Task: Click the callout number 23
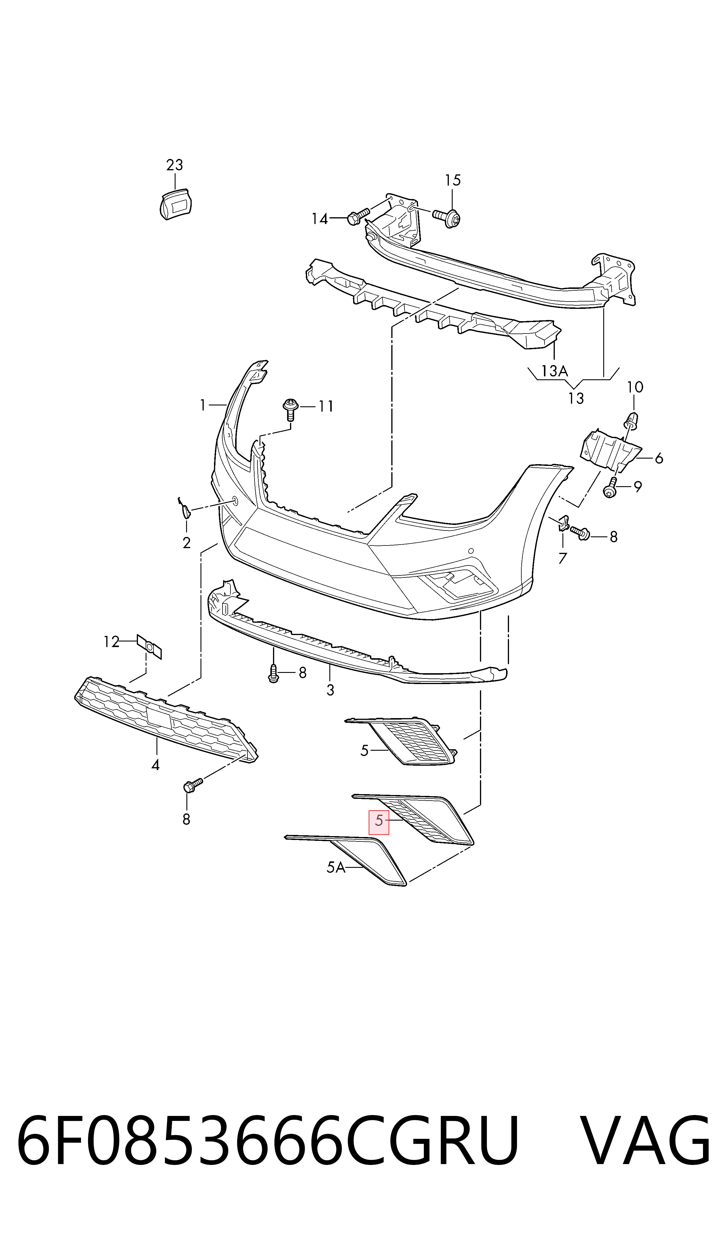(x=175, y=165)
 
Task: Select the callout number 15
(x=453, y=181)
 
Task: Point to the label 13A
(x=554, y=371)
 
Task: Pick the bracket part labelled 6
(x=611, y=449)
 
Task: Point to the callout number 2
(x=186, y=543)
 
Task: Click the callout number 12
(x=111, y=641)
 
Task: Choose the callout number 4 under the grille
(x=156, y=765)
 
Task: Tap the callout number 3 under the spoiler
(x=330, y=690)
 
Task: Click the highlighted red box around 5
(x=379, y=823)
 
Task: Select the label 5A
(x=336, y=868)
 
